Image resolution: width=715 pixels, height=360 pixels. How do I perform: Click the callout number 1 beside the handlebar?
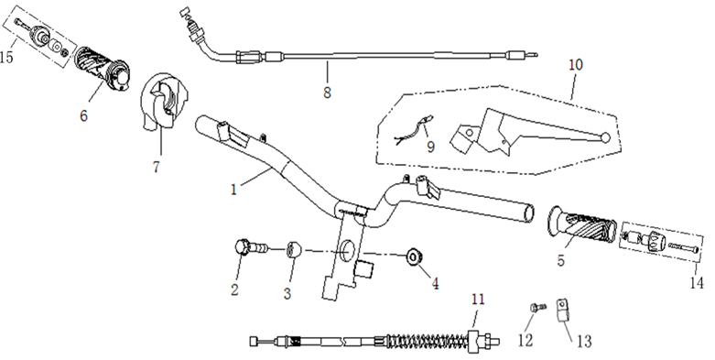(x=234, y=189)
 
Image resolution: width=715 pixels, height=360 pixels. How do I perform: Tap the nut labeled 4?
(x=414, y=257)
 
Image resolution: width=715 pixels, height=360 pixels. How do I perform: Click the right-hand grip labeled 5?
(x=581, y=227)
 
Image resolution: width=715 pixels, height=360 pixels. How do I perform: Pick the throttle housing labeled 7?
(x=163, y=102)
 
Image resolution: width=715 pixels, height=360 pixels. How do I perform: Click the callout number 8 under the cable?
(x=327, y=93)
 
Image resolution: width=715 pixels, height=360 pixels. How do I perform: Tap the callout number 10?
(x=576, y=64)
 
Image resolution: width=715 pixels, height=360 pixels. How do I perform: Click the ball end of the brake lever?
(x=605, y=136)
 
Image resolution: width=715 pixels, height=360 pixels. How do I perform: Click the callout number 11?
(x=478, y=300)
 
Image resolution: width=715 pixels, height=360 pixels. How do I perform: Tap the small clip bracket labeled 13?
(x=563, y=310)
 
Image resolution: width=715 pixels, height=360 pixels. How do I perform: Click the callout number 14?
(x=697, y=283)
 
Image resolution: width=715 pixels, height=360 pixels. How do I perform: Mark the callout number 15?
(x=6, y=57)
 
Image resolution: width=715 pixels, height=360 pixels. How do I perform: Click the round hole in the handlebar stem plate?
(x=348, y=250)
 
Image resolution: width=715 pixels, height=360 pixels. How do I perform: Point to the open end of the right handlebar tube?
(x=528, y=213)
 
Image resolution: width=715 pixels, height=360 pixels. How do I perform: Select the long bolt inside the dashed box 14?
(x=683, y=247)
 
